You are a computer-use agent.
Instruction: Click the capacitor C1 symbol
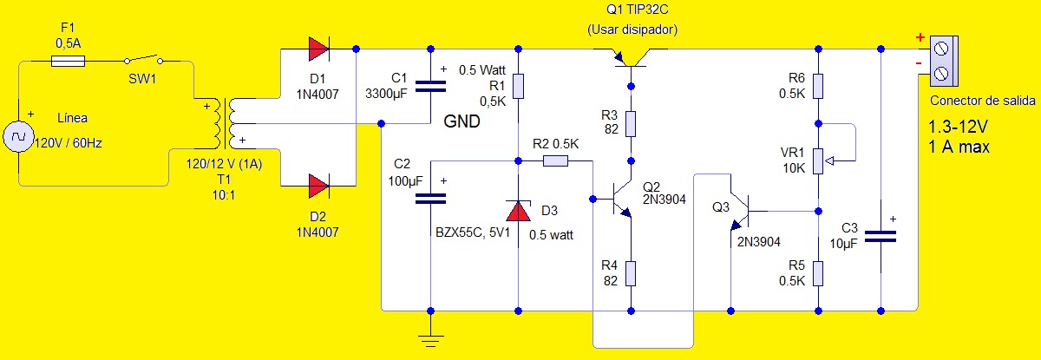click(430, 85)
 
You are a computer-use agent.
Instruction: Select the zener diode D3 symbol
click(518, 212)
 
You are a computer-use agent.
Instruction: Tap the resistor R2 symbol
click(555, 160)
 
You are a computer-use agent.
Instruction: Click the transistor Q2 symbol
click(621, 199)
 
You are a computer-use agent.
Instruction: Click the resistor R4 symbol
click(632, 274)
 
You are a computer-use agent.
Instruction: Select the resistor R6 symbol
click(818, 87)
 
